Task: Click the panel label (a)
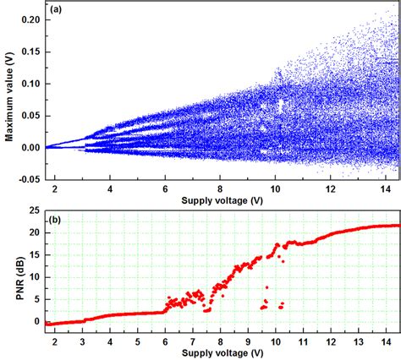[x=58, y=9]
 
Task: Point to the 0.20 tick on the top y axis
[x=32, y=18]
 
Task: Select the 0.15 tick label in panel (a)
[x=32, y=50]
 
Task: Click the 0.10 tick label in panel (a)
[x=32, y=83]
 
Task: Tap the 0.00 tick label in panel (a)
[x=32, y=147]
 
